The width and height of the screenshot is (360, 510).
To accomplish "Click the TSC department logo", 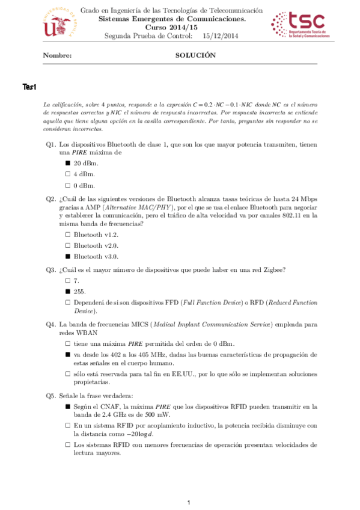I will tap(298, 27).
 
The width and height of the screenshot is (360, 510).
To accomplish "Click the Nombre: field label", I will tap(58, 55).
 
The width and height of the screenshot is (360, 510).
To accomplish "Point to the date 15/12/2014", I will tap(221, 35).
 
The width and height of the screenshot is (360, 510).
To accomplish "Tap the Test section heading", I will tap(30, 88).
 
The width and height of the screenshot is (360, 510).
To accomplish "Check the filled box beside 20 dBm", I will tap(68, 164).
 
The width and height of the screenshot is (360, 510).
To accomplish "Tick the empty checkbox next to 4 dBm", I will tap(68, 174).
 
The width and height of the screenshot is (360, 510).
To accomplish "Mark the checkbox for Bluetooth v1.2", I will tap(68, 235).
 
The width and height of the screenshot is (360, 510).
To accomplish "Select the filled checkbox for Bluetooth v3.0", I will tap(68, 256).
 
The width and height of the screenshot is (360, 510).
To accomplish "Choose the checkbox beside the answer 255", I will tap(68, 291).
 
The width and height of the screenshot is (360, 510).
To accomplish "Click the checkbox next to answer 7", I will tap(68, 280).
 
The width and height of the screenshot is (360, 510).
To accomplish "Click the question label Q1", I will tap(51, 145).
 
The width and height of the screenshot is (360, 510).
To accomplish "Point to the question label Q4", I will tap(51, 325).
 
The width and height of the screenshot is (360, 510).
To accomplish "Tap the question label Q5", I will tap(51, 396).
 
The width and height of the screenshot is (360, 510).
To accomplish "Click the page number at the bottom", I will tap(189, 502).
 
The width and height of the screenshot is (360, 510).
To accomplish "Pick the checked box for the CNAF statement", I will tap(68, 407).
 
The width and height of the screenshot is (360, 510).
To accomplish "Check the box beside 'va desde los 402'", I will tap(68, 355).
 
